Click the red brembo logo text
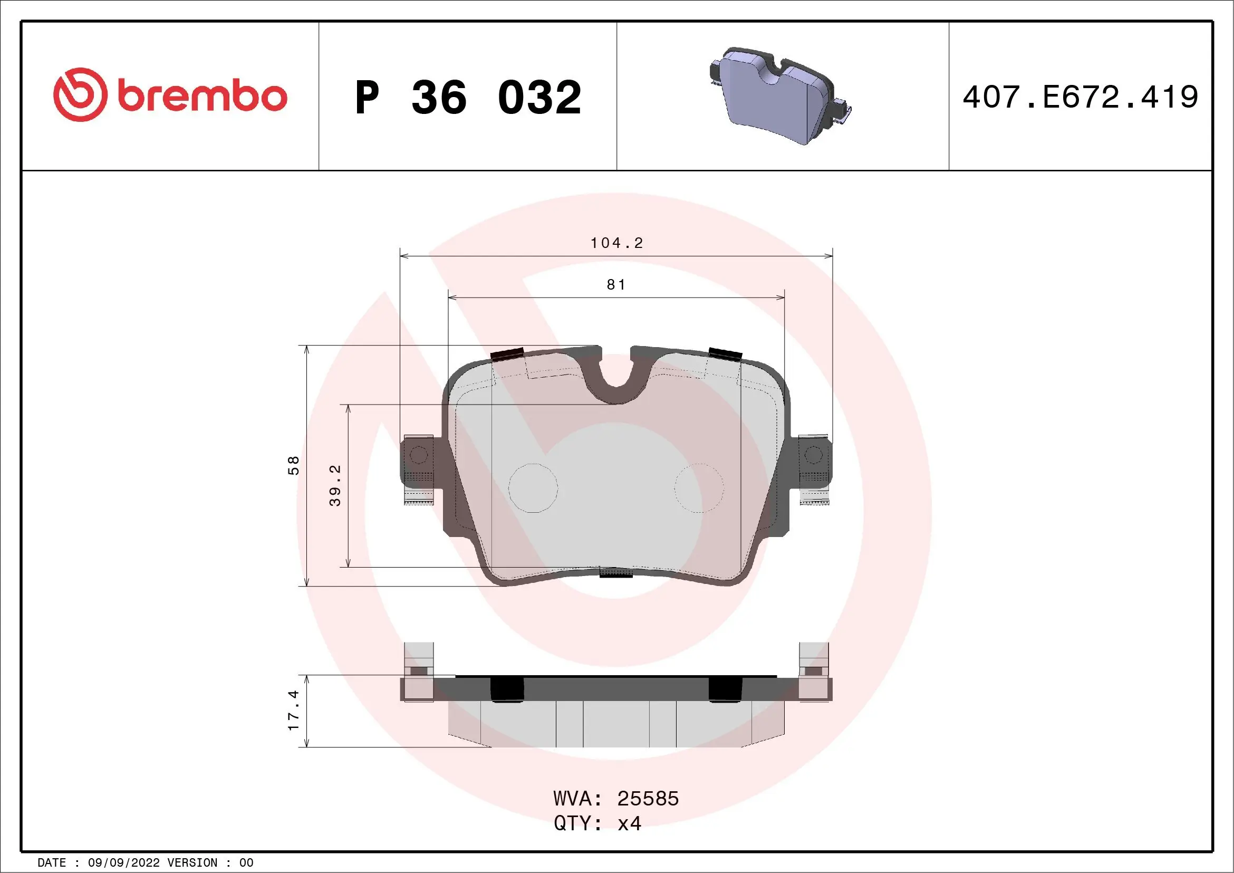(x=202, y=97)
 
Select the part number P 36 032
(x=468, y=97)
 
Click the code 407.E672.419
(x=1080, y=97)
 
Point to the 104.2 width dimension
(x=616, y=243)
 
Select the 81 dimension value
(x=616, y=284)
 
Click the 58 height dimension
(x=293, y=465)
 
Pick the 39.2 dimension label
(x=335, y=485)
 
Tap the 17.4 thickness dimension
(x=293, y=710)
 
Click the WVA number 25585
(x=648, y=799)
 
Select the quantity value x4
(x=629, y=823)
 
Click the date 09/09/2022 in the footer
(x=123, y=863)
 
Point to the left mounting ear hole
(x=418, y=455)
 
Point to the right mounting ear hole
(x=813, y=455)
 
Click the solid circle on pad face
(x=533, y=488)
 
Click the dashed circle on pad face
(x=699, y=488)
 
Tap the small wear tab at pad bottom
(x=616, y=572)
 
